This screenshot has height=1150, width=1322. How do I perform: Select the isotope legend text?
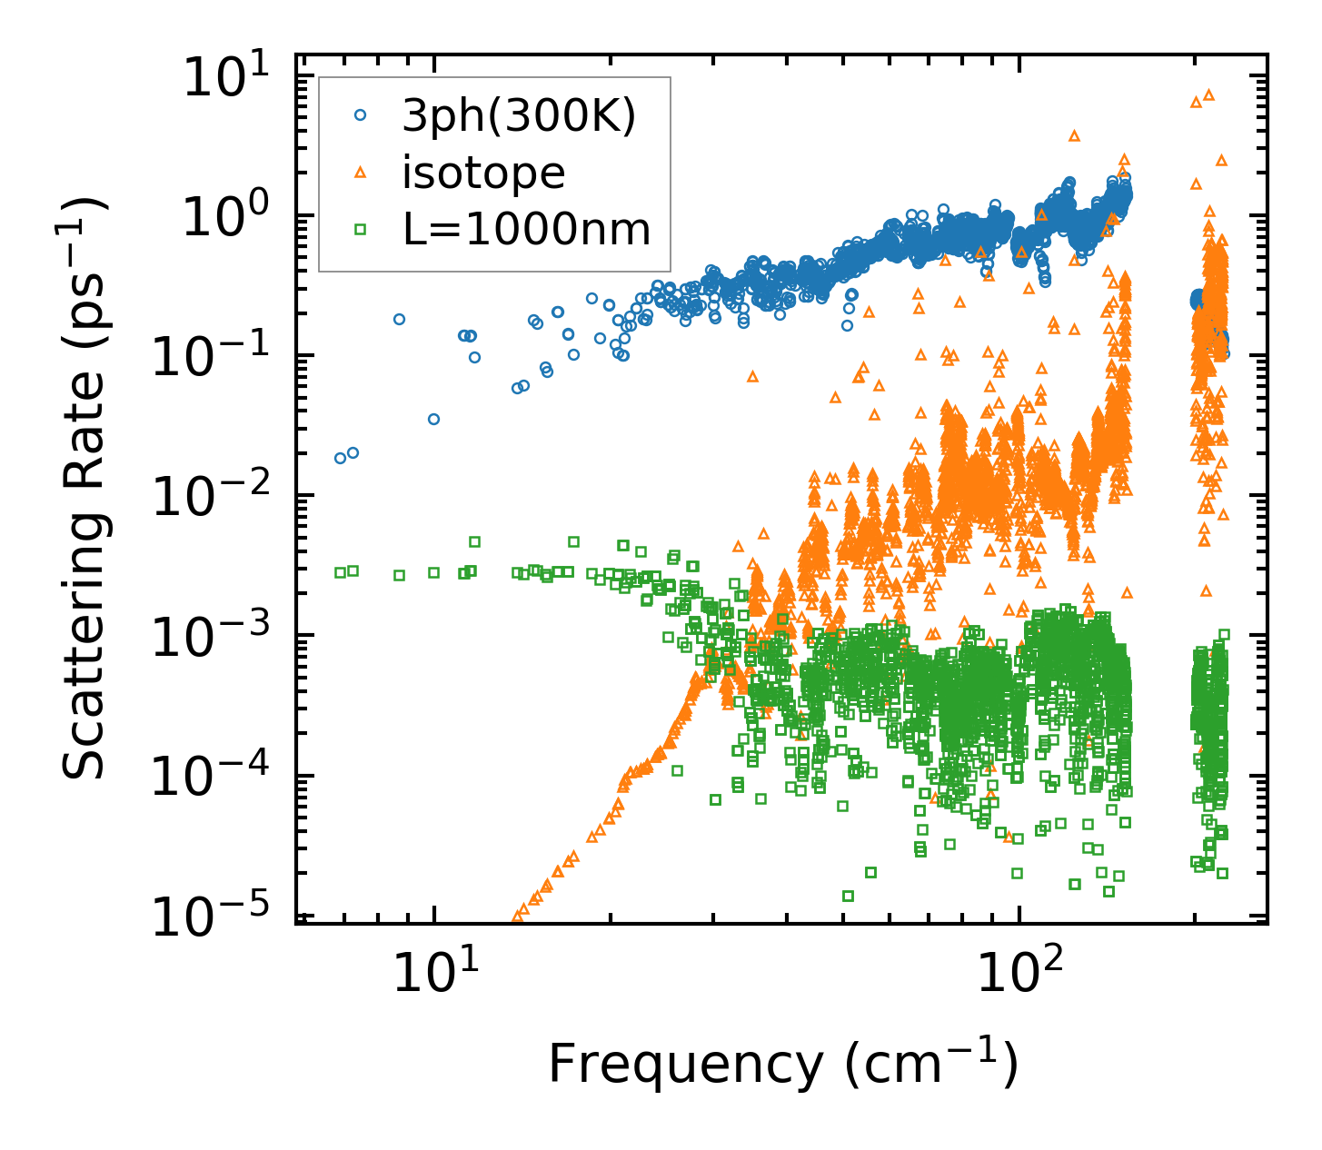(482, 172)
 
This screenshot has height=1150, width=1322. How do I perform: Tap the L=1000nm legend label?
(526, 229)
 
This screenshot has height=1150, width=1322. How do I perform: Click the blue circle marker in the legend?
(360, 115)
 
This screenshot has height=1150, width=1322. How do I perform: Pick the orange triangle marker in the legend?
(360, 172)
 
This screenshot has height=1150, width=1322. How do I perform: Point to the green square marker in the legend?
(360, 229)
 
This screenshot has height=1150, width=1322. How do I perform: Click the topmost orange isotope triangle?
(1208, 94)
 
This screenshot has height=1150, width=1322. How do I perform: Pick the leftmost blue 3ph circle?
(340, 458)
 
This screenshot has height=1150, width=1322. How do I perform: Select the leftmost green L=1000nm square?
(340, 572)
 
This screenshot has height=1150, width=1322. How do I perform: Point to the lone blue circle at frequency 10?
(433, 419)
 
